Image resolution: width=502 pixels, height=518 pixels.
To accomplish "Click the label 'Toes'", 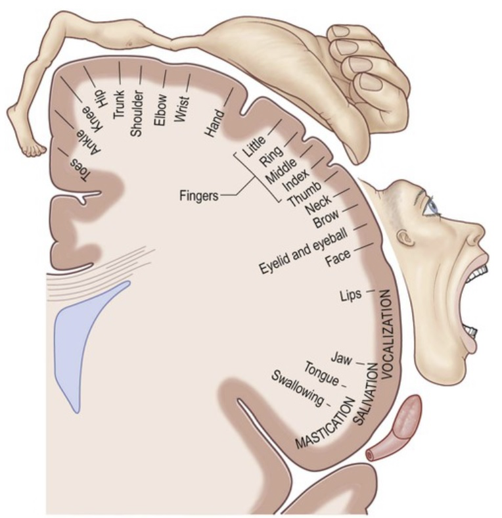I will point(78,170).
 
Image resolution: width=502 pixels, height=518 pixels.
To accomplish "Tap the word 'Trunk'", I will point(119,103).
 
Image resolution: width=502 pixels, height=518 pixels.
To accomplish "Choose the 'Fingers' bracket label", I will point(198,196).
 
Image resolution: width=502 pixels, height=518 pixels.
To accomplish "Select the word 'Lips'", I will point(352,295).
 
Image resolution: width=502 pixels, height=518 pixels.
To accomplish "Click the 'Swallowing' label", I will point(297,387).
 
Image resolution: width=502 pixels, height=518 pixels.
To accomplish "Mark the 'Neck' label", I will point(319,208).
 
